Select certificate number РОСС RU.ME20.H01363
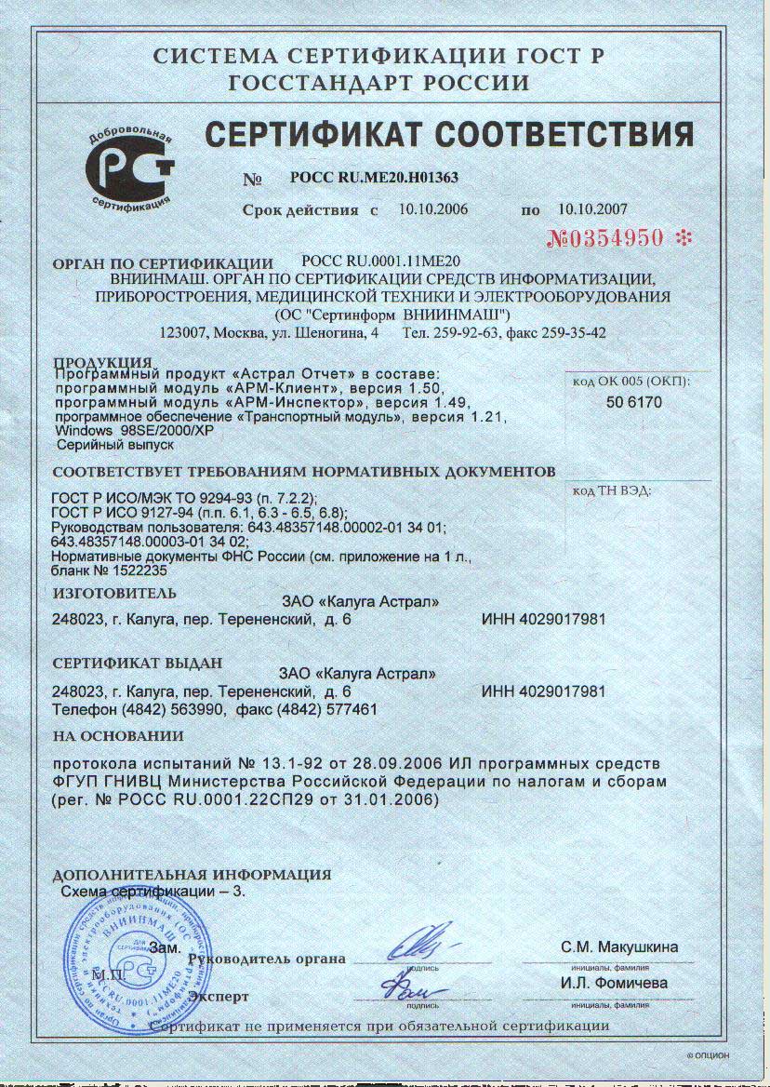point(374,177)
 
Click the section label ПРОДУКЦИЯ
point(102,362)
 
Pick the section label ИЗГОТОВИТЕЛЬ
point(114,593)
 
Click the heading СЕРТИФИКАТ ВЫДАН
point(138,664)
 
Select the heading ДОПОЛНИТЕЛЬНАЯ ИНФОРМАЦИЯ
point(192,875)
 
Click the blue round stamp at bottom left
point(119,968)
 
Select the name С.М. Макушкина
point(619,947)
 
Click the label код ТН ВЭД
point(611,490)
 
